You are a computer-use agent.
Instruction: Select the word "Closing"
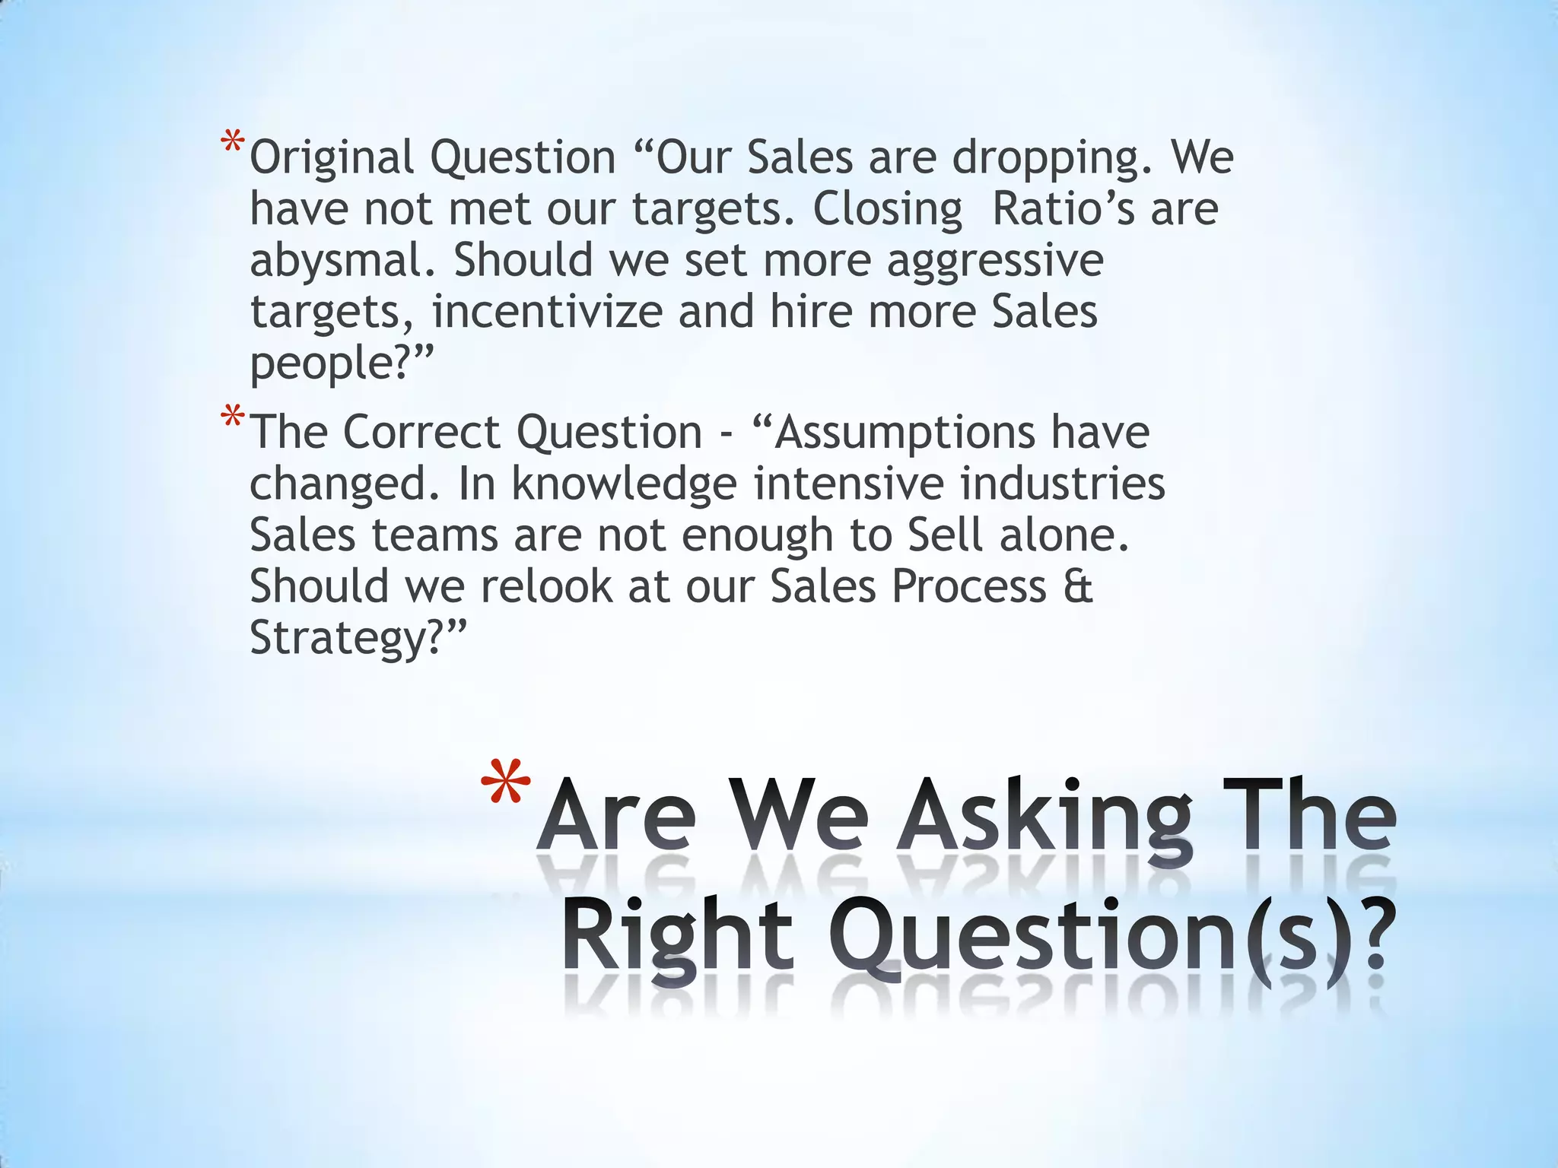tap(887, 211)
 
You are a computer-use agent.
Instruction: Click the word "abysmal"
tap(346, 260)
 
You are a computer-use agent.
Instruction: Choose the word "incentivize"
tap(547, 312)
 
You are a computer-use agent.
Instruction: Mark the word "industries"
tap(1062, 484)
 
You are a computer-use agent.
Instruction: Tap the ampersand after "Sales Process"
tap(1078, 586)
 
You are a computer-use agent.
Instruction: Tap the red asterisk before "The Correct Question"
tap(233, 419)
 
